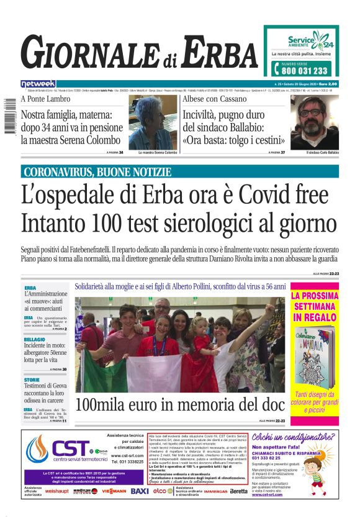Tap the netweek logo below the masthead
[x=38, y=83]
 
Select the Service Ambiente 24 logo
[x=310, y=42]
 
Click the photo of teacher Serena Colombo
[x=152, y=122]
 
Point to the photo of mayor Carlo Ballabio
[x=314, y=122]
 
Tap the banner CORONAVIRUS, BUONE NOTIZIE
[x=96, y=172]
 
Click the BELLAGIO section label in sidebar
[x=35, y=340]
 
